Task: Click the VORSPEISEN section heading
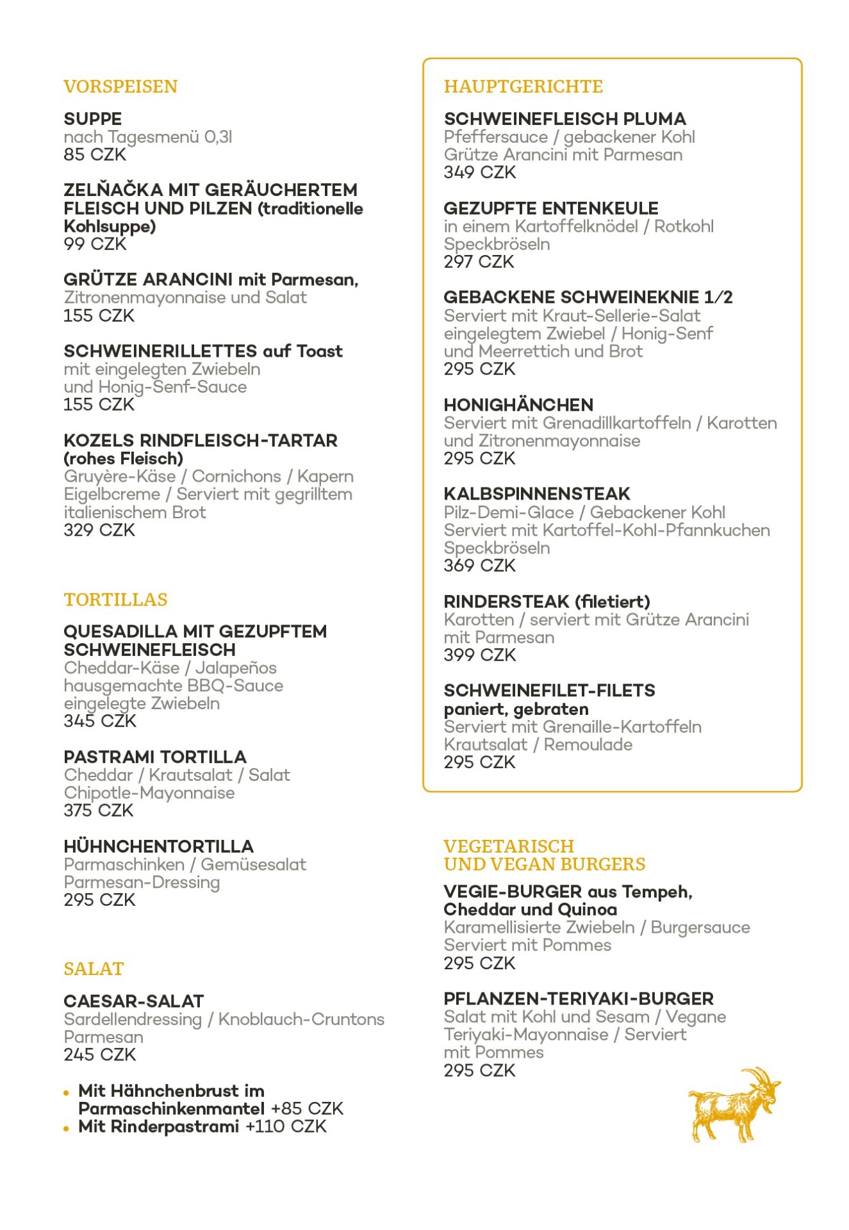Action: [x=120, y=86]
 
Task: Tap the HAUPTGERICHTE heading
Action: [x=523, y=86]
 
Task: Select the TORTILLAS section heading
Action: [x=115, y=600]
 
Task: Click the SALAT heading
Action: [x=94, y=969]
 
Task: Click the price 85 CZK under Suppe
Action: [x=95, y=155]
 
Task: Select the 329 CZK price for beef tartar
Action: [x=99, y=530]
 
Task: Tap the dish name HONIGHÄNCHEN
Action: [x=518, y=405]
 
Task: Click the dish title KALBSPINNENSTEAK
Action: [x=537, y=494]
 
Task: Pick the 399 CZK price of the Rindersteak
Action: [x=480, y=655]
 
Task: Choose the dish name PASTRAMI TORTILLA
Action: [x=155, y=757]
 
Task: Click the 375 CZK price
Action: [x=99, y=811]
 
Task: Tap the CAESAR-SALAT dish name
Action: [x=134, y=1001]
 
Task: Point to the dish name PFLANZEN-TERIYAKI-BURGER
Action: [x=579, y=999]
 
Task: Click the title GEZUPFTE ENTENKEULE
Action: [x=551, y=208]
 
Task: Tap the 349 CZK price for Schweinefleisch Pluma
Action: [x=480, y=172]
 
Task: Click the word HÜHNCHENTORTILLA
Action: [x=159, y=846]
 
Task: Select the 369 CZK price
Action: [x=480, y=566]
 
